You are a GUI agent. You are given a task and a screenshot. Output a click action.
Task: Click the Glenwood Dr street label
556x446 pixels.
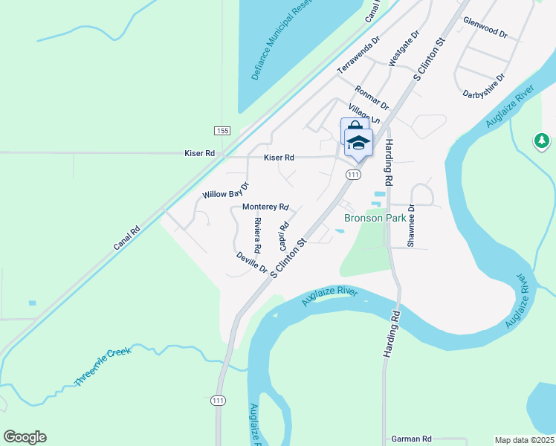pyautogui.click(x=485, y=28)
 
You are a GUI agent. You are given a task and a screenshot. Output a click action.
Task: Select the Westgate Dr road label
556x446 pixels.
pyautogui.click(x=404, y=49)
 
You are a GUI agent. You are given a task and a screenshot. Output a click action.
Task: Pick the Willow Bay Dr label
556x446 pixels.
pyautogui.click(x=226, y=190)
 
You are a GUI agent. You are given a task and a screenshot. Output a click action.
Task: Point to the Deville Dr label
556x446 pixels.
pyautogui.click(x=251, y=261)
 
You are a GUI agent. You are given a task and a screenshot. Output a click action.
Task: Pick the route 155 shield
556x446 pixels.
pyautogui.click(x=222, y=130)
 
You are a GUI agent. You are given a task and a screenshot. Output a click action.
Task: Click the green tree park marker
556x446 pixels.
pyautogui.click(x=542, y=140)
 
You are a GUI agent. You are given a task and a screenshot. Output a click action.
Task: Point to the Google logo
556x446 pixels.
pyautogui.click(x=25, y=437)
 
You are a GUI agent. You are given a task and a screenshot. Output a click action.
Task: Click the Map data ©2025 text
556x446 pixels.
pyautogui.click(x=524, y=440)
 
